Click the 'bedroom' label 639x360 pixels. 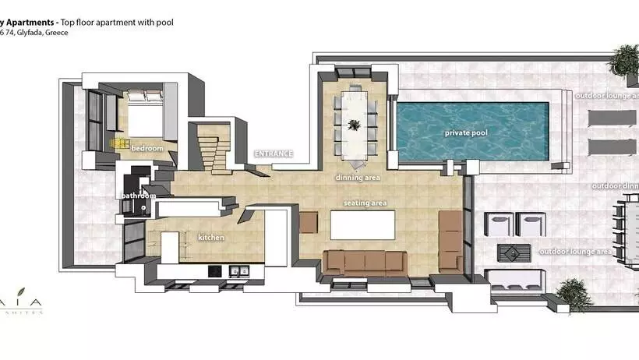tap(147, 148)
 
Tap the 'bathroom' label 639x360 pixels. tap(137, 196)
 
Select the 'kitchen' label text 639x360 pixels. tap(211, 237)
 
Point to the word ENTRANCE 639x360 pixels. tap(274, 154)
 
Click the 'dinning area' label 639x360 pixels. tap(358, 178)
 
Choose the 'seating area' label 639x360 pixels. tap(365, 203)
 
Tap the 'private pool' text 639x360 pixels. tap(466, 133)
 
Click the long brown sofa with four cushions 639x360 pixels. tap(365, 263)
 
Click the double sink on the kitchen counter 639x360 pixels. tap(239, 271)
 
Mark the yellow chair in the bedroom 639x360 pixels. tap(119, 143)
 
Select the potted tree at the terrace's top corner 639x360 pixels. tap(625, 58)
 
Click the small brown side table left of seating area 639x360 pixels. tap(309, 222)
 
